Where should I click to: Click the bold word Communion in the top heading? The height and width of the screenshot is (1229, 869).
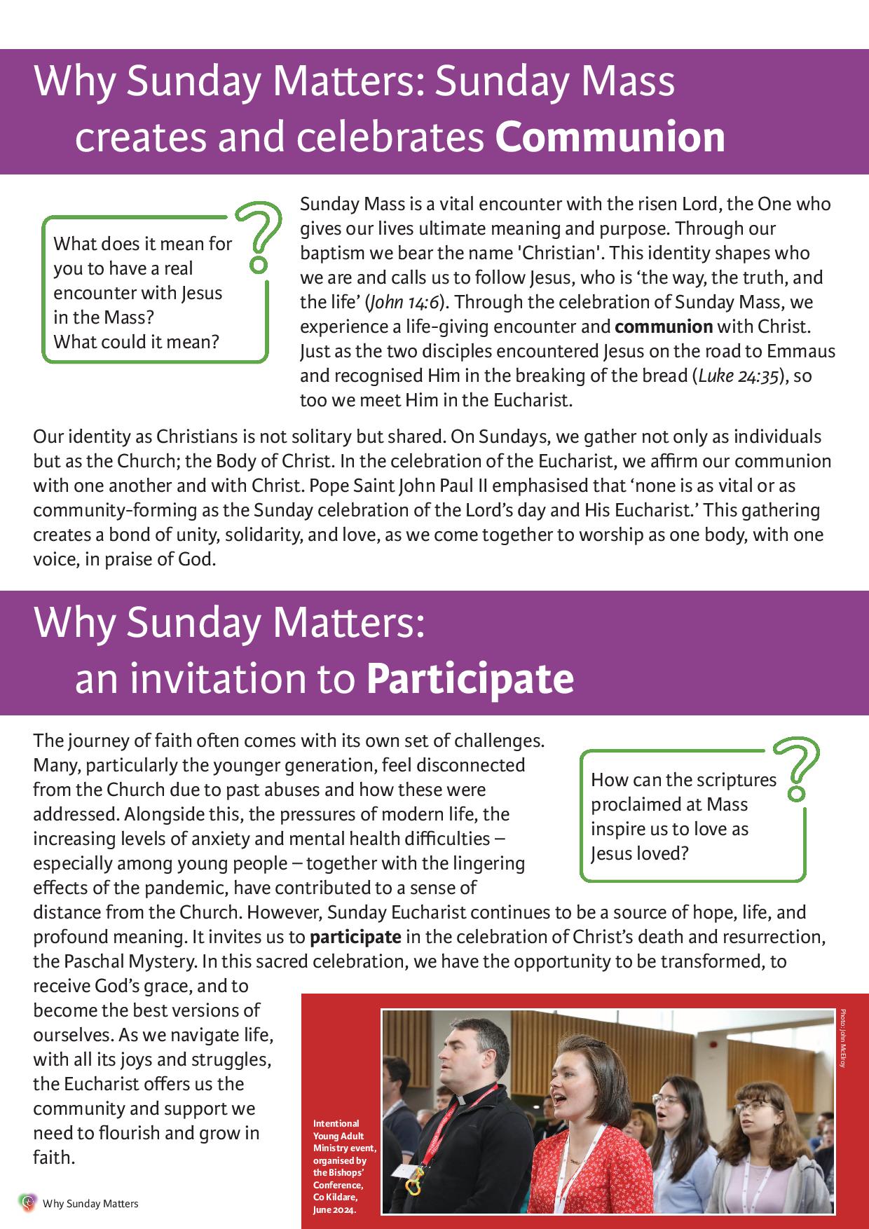pyautogui.click(x=610, y=138)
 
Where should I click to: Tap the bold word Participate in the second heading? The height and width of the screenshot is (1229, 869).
pyautogui.click(x=470, y=678)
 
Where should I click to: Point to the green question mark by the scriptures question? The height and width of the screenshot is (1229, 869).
pyautogui.click(x=798, y=768)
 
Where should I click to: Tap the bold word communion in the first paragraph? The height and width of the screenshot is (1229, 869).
pyautogui.click(x=664, y=327)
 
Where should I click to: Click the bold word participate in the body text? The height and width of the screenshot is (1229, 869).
pyautogui.click(x=356, y=937)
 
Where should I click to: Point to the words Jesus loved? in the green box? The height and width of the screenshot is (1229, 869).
pyautogui.click(x=640, y=853)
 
